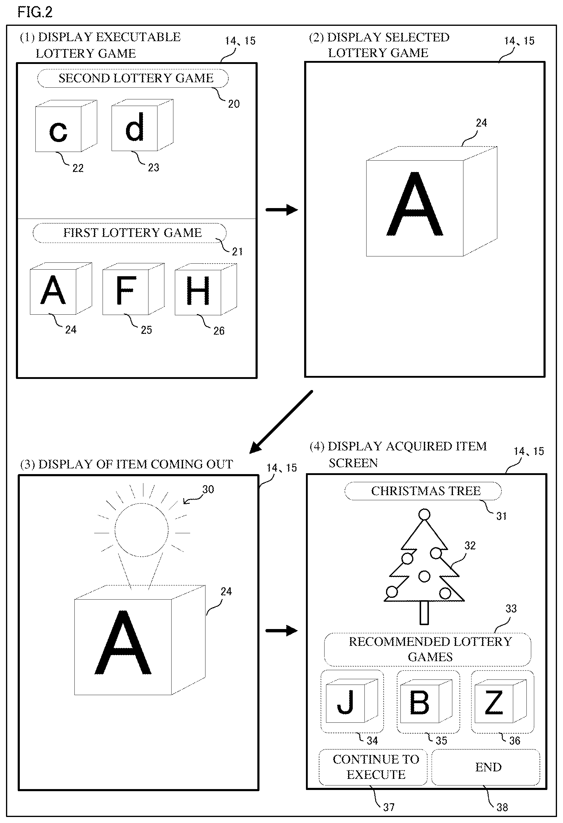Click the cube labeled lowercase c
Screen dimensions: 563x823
pyautogui.click(x=66, y=126)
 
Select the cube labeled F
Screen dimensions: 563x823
pyautogui.click(x=133, y=289)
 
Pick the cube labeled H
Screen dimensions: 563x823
pyautogui.click(x=206, y=289)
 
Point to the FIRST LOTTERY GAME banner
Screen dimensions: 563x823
pyautogui.click(x=130, y=233)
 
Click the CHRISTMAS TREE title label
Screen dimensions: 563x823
pyautogui.click(x=423, y=491)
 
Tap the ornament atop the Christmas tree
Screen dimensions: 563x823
pyautogui.click(x=424, y=514)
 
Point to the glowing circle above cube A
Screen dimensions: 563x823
pyautogui.click(x=142, y=530)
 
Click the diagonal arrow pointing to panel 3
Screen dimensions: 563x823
pyautogui.click(x=281, y=422)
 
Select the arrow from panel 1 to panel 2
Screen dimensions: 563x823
pyautogui.click(x=282, y=210)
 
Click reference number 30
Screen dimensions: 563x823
pyautogui.click(x=208, y=489)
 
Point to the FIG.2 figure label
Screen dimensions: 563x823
pyautogui.click(x=35, y=12)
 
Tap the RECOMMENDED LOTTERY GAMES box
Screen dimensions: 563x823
pyautogui.click(x=427, y=649)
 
